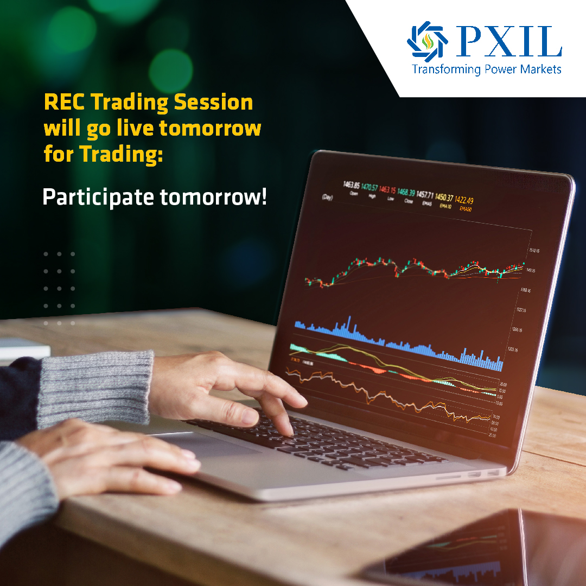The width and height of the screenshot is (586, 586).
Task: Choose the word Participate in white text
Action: coord(98,198)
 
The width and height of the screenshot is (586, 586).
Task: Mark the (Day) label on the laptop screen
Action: coord(327,196)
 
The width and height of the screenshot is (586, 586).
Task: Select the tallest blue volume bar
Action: coord(349,326)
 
